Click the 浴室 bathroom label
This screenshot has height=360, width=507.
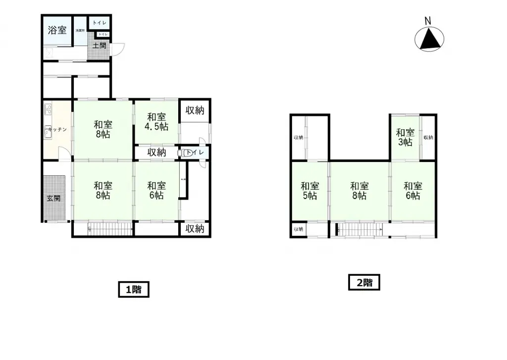pos(57,30)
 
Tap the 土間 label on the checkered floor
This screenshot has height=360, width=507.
pos(99,46)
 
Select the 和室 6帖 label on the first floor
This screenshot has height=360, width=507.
pos(156,191)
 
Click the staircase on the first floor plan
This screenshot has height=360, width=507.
pos(109,229)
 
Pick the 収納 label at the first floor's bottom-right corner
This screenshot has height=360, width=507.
pos(195,229)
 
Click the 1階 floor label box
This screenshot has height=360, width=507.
pos(134,290)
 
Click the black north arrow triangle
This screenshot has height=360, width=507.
pos(429,39)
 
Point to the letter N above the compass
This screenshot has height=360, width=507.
pos(428,20)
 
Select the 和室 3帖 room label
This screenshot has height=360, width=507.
pos(405,137)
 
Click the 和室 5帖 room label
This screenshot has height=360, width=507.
pos(310,191)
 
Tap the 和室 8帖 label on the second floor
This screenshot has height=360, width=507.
pos(359,191)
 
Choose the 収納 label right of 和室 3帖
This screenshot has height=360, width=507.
pos(428,137)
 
